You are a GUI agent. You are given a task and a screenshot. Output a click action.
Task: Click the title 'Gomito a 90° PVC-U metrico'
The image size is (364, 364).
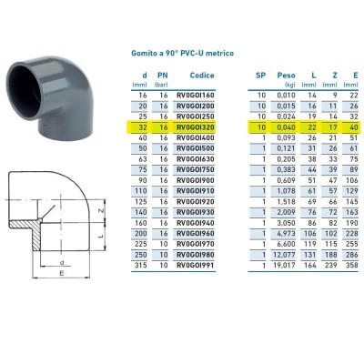coord(183,54)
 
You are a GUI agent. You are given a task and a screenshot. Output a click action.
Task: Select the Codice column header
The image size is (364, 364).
coord(202,75)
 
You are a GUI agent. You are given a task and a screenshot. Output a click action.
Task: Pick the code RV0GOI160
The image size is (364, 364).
coord(202,95)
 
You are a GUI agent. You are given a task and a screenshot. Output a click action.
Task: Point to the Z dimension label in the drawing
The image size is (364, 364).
coord(103,212)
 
